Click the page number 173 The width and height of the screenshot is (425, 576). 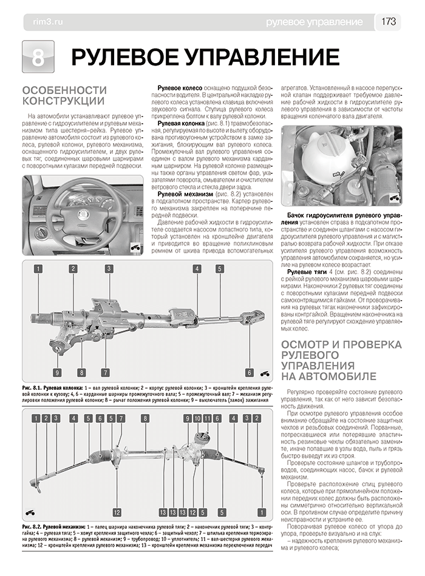[389, 22]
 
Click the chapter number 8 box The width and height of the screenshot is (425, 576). [38, 58]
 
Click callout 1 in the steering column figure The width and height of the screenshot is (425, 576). [38, 269]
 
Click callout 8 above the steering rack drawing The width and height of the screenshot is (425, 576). [145, 418]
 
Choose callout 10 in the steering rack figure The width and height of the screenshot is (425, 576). [198, 418]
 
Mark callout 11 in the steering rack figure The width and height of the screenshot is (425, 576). [207, 418]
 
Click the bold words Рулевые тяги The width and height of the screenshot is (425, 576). [308, 273]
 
